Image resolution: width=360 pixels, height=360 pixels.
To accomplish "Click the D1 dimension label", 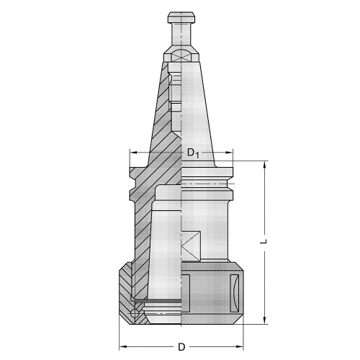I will [x=192, y=152].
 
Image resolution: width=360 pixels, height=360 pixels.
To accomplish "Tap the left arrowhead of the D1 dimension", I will [x=132, y=152].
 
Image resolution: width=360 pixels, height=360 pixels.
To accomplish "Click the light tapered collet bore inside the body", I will [x=162, y=252].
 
